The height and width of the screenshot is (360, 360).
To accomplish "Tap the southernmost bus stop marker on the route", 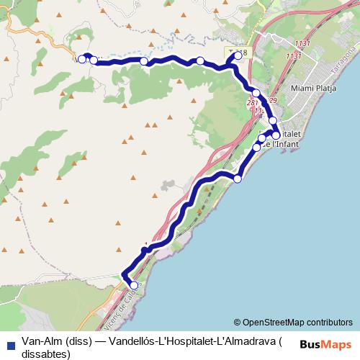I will click(x=133, y=286).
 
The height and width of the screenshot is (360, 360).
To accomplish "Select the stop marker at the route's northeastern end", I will click(x=238, y=55).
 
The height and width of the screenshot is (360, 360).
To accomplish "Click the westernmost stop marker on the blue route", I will click(x=82, y=59).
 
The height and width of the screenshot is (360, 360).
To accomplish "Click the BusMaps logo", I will click(x=327, y=343).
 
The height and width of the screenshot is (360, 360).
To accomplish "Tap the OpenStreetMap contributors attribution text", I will click(x=297, y=322).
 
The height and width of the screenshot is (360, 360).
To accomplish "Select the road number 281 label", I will click(x=252, y=104).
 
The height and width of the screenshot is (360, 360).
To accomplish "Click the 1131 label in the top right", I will click(x=302, y=45).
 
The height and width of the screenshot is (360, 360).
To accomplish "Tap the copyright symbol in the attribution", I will click(x=237, y=322).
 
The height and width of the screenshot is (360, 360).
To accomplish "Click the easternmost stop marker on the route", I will click(x=276, y=135).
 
